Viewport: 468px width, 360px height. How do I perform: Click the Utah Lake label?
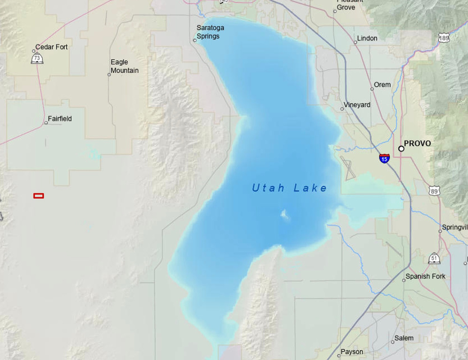pyautogui.click(x=289, y=188)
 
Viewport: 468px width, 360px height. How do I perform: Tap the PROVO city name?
pyautogui.click(x=417, y=143)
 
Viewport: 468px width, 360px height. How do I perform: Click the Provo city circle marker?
pyautogui.click(x=401, y=149)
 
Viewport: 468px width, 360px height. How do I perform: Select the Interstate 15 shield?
pyautogui.click(x=384, y=158)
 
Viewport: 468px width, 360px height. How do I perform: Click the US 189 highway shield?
pyautogui.click(x=444, y=38)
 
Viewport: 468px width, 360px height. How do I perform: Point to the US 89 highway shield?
pyautogui.click(x=434, y=190)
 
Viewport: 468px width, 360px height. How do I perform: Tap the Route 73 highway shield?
pyautogui.click(x=37, y=58)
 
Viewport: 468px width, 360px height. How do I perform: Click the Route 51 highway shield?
pyautogui.click(x=434, y=258)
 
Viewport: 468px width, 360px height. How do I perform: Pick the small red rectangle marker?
pyautogui.click(x=39, y=196)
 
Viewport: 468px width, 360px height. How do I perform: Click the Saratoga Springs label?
pyautogui.click(x=210, y=32)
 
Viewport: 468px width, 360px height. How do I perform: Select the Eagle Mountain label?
pyautogui.click(x=124, y=66)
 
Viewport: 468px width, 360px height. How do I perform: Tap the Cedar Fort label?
pyautogui.click(x=52, y=47)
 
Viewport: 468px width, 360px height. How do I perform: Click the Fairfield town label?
pyautogui.click(x=60, y=119)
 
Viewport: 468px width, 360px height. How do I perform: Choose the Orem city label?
pyautogui.click(x=382, y=85)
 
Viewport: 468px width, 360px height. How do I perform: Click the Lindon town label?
pyautogui.click(x=367, y=38)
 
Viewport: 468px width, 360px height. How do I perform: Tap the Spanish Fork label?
pyautogui.click(x=425, y=277)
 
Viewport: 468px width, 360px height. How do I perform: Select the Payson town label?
pyautogui.click(x=352, y=352)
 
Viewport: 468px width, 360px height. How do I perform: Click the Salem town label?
pyautogui.click(x=404, y=338)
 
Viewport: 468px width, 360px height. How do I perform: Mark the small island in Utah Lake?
pyautogui.click(x=285, y=215)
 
